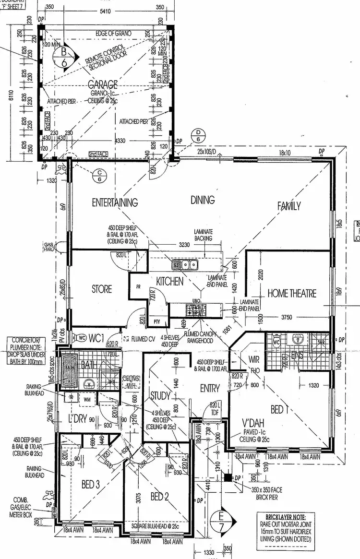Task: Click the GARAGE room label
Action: click(x=106, y=83)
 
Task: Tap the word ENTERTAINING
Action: click(x=115, y=202)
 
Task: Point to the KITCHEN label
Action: click(x=170, y=281)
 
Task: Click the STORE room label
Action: click(x=102, y=289)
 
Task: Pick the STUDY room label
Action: click(x=160, y=396)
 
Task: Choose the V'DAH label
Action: click(x=254, y=424)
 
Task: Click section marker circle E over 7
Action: click(x=221, y=522)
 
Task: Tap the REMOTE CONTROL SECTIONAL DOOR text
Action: click(x=106, y=59)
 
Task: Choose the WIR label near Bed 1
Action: click(x=254, y=359)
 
